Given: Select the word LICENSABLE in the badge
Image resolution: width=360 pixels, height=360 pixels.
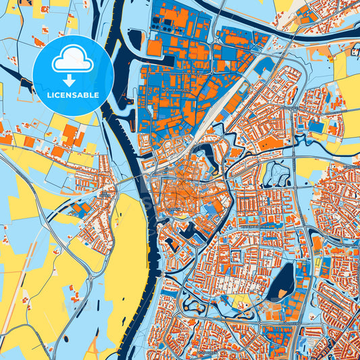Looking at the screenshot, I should pos(72,95).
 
